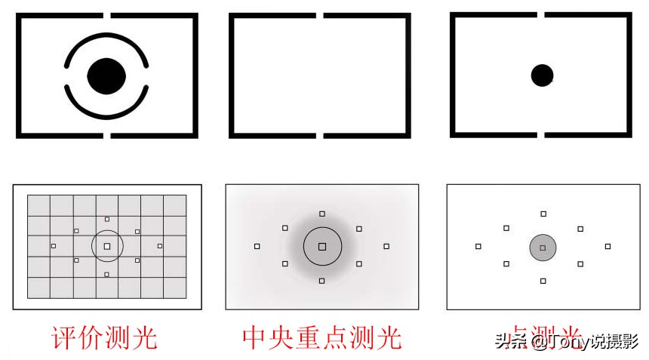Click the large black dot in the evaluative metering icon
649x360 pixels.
[106, 75]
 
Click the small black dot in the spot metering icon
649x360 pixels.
[542, 75]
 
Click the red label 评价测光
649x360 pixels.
[104, 337]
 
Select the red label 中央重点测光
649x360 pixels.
[322, 337]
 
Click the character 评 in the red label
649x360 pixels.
[64, 337]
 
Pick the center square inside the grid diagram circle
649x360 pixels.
[107, 246]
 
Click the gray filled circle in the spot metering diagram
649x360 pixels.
[543, 247]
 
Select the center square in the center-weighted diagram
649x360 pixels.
[322, 247]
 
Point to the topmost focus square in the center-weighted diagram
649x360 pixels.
[322, 214]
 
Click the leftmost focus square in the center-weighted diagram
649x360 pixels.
[257, 246]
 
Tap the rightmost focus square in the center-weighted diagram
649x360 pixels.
[386, 246]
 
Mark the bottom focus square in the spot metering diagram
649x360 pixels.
[543, 281]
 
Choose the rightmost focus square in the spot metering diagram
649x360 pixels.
[607, 246]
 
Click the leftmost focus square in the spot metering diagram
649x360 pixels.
[478, 246]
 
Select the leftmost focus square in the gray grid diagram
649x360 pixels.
[54, 246]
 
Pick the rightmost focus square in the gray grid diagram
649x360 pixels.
[160, 246]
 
